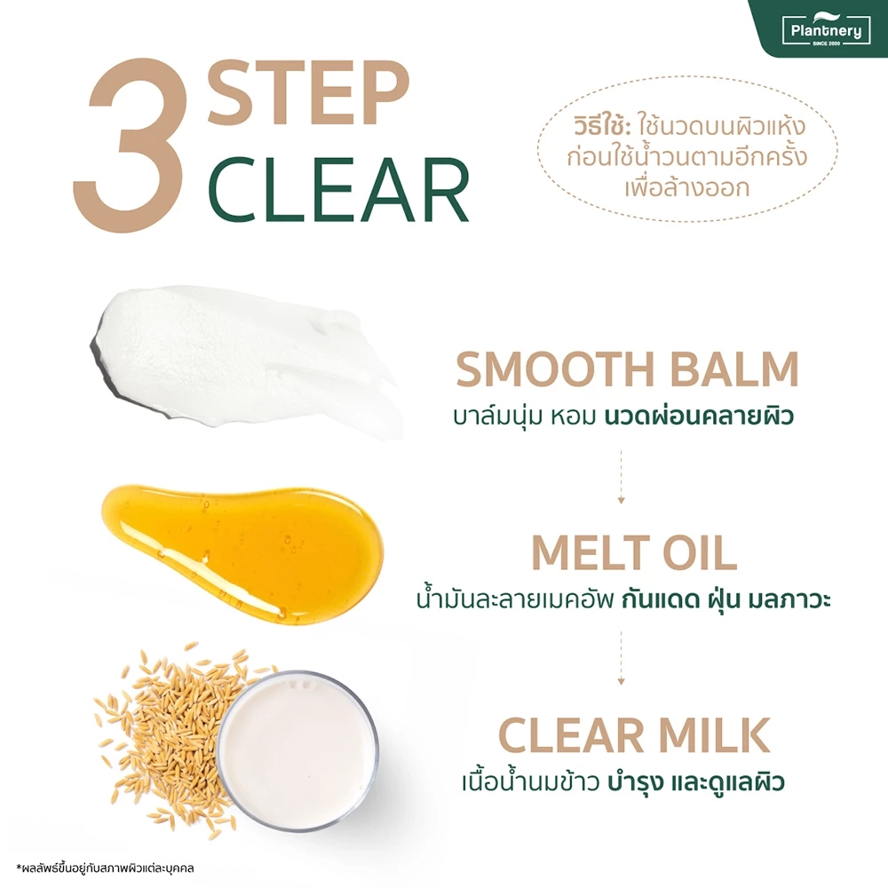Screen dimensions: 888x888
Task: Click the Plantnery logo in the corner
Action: (x=826, y=30)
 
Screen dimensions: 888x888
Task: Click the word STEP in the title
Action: (x=308, y=92)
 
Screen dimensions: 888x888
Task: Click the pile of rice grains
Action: (x=170, y=736)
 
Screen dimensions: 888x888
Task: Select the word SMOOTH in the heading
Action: (x=556, y=369)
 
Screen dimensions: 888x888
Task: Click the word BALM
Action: (x=734, y=369)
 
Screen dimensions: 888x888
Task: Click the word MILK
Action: (x=715, y=735)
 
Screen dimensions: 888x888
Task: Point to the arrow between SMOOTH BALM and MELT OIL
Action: (x=622, y=476)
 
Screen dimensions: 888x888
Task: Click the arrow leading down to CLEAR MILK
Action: (x=622, y=658)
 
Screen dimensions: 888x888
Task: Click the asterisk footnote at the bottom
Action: (x=105, y=868)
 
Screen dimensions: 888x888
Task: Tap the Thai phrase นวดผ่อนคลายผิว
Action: (x=699, y=416)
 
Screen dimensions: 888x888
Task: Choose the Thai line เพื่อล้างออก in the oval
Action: (x=687, y=187)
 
